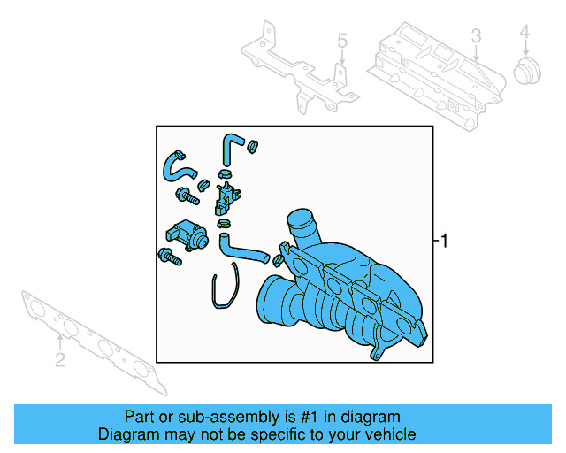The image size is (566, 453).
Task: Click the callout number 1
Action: (445, 241)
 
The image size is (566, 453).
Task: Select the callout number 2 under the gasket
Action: (59, 359)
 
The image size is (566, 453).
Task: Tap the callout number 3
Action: (475, 36)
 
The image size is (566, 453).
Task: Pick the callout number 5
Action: (343, 41)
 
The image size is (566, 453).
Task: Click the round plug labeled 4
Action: (528, 72)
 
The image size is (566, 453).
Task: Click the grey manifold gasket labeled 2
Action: (97, 341)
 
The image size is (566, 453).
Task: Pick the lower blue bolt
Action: (168, 257)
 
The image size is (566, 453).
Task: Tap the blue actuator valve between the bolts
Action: (187, 234)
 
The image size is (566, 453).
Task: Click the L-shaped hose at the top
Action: (231, 147)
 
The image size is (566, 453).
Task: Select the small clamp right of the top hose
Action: (253, 145)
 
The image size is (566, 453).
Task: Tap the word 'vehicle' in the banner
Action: (390, 434)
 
